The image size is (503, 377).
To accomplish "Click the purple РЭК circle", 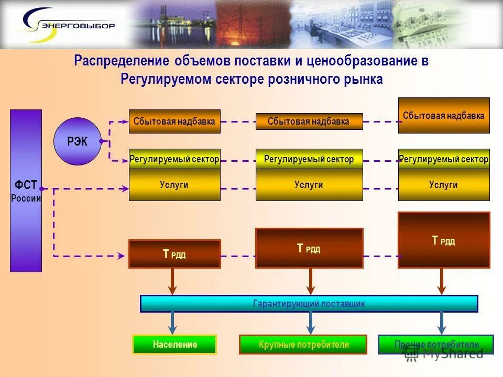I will (78, 141).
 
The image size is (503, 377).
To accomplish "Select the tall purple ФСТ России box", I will (26, 191).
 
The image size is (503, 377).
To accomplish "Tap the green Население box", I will (174, 345).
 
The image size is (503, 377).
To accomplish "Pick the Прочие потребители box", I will (436, 345).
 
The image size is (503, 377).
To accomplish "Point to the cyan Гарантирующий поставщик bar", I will (309, 304).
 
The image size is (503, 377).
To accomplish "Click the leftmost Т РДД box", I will (174, 254).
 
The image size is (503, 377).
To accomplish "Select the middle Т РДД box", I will (309, 248).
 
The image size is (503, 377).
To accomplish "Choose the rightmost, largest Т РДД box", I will (443, 240).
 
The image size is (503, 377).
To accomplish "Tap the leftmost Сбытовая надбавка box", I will (174, 121).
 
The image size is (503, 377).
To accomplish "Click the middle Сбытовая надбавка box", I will (309, 121).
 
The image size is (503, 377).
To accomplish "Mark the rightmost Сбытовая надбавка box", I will (443, 115).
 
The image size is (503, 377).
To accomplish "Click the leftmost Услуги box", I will (174, 185).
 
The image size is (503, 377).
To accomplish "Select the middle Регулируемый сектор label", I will (309, 159).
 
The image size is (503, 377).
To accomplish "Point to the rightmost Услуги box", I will (443, 185).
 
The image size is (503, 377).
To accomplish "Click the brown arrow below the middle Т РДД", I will (310, 281).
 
